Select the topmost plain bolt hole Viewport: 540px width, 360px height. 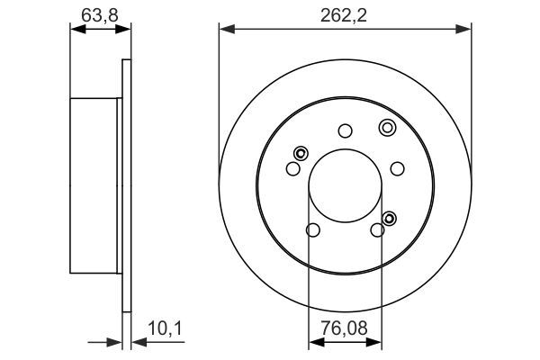point(345,130)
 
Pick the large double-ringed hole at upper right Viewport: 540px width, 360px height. point(387,127)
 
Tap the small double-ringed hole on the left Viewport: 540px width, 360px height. point(301,152)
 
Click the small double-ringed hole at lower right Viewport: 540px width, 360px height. point(389,218)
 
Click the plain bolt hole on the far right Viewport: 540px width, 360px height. point(397,168)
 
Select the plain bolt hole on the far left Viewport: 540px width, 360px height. point(292,168)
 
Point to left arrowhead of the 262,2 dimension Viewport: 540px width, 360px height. point(225,30)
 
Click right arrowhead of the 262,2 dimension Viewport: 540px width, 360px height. point(465,30)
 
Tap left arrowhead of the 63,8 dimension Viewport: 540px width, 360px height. point(76,30)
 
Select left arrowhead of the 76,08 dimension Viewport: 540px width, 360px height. point(314,342)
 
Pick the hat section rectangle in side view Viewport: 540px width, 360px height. point(94,185)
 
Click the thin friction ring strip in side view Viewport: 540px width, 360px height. point(126,185)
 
